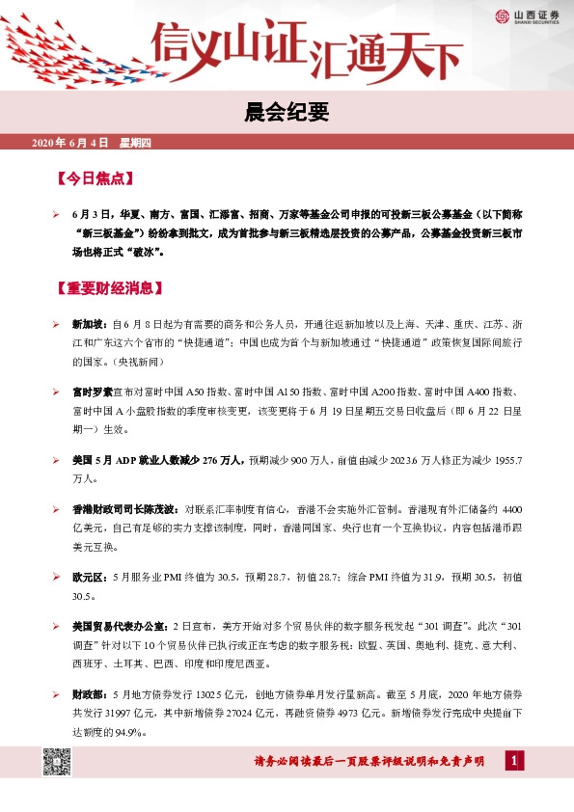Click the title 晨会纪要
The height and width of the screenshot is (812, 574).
click(287, 114)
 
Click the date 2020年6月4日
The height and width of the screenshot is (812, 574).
click(70, 144)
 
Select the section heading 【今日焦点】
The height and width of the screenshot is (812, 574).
click(95, 178)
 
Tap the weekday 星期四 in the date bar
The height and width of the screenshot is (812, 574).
click(136, 144)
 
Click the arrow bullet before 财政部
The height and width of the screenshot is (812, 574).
click(57, 692)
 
